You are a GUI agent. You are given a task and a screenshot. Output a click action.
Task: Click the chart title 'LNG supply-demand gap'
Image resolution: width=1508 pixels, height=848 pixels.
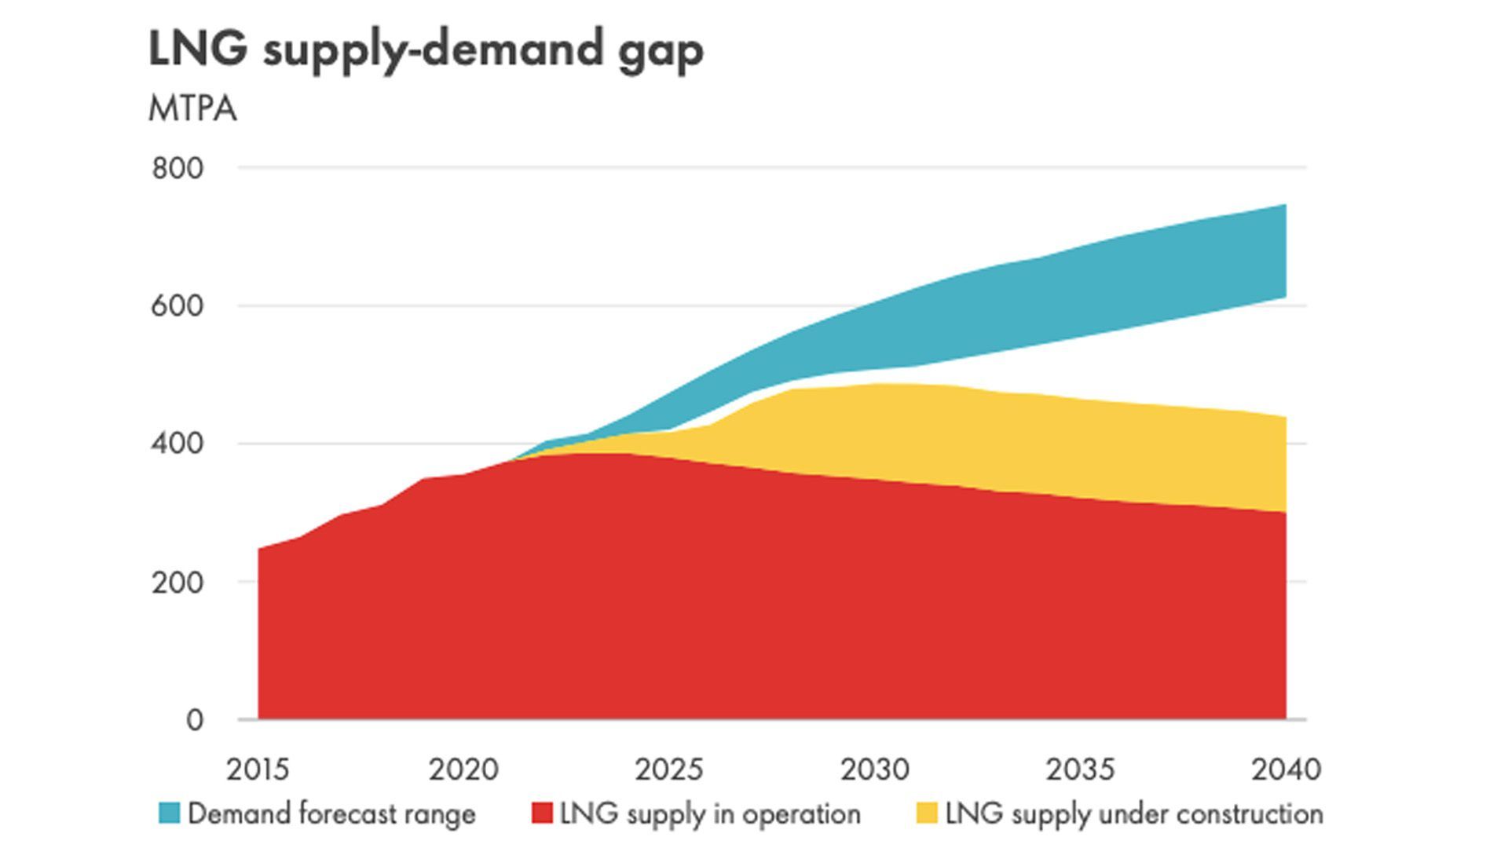tap(425, 50)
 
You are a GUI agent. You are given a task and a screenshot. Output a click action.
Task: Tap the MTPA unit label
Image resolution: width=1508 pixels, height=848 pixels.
tap(192, 109)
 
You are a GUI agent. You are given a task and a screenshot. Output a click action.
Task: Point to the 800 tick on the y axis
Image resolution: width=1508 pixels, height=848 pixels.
tap(177, 169)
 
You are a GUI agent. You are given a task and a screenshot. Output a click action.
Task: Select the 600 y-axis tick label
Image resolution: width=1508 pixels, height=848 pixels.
tap(177, 306)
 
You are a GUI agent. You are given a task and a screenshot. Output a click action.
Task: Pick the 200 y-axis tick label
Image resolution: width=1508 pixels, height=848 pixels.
tap(177, 583)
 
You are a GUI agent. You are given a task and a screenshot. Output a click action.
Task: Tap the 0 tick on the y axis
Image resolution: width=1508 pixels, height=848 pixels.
tap(194, 720)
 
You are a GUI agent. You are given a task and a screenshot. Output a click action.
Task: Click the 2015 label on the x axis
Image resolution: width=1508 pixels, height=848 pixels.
tap(258, 769)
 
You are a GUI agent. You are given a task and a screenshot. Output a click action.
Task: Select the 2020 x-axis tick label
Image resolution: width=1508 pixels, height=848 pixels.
tap(463, 769)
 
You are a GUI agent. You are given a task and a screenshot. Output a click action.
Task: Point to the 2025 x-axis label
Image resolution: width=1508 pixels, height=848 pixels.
tap(669, 769)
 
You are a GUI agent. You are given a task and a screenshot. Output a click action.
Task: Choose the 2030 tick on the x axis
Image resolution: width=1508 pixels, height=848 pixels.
tap(875, 769)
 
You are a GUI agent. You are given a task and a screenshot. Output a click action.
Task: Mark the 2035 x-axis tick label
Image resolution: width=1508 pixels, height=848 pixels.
tap(1080, 769)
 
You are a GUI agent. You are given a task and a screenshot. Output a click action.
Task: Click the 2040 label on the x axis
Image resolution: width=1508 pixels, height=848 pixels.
tap(1286, 769)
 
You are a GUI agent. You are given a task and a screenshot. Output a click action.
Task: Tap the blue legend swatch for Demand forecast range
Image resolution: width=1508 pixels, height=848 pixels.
tap(169, 813)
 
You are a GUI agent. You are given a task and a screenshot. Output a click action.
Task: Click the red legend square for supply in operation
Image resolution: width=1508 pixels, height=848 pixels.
tap(542, 813)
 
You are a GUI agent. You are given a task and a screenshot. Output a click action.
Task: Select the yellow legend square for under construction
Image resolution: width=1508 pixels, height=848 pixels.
tap(927, 813)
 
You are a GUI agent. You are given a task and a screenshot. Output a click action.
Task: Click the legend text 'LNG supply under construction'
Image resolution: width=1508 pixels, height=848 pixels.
tap(1134, 813)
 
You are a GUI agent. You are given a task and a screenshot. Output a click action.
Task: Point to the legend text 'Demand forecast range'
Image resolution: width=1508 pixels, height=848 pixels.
tap(331, 813)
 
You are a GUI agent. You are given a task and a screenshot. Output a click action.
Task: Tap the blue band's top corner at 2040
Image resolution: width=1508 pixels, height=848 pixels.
tap(1284, 207)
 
